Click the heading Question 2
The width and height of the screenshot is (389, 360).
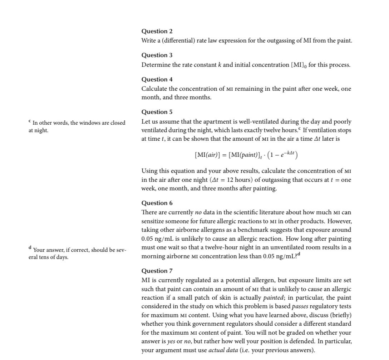coord(157,31)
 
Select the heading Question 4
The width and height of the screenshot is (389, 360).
coord(157,79)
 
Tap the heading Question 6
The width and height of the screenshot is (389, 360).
coord(157,203)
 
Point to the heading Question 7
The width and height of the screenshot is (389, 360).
coord(157,271)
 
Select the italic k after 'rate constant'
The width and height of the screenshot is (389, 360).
coord(220,65)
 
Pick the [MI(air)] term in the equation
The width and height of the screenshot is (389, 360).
coord(207,155)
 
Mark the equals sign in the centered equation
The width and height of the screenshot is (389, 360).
coord(224,155)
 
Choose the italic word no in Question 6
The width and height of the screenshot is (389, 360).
coord(198,212)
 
